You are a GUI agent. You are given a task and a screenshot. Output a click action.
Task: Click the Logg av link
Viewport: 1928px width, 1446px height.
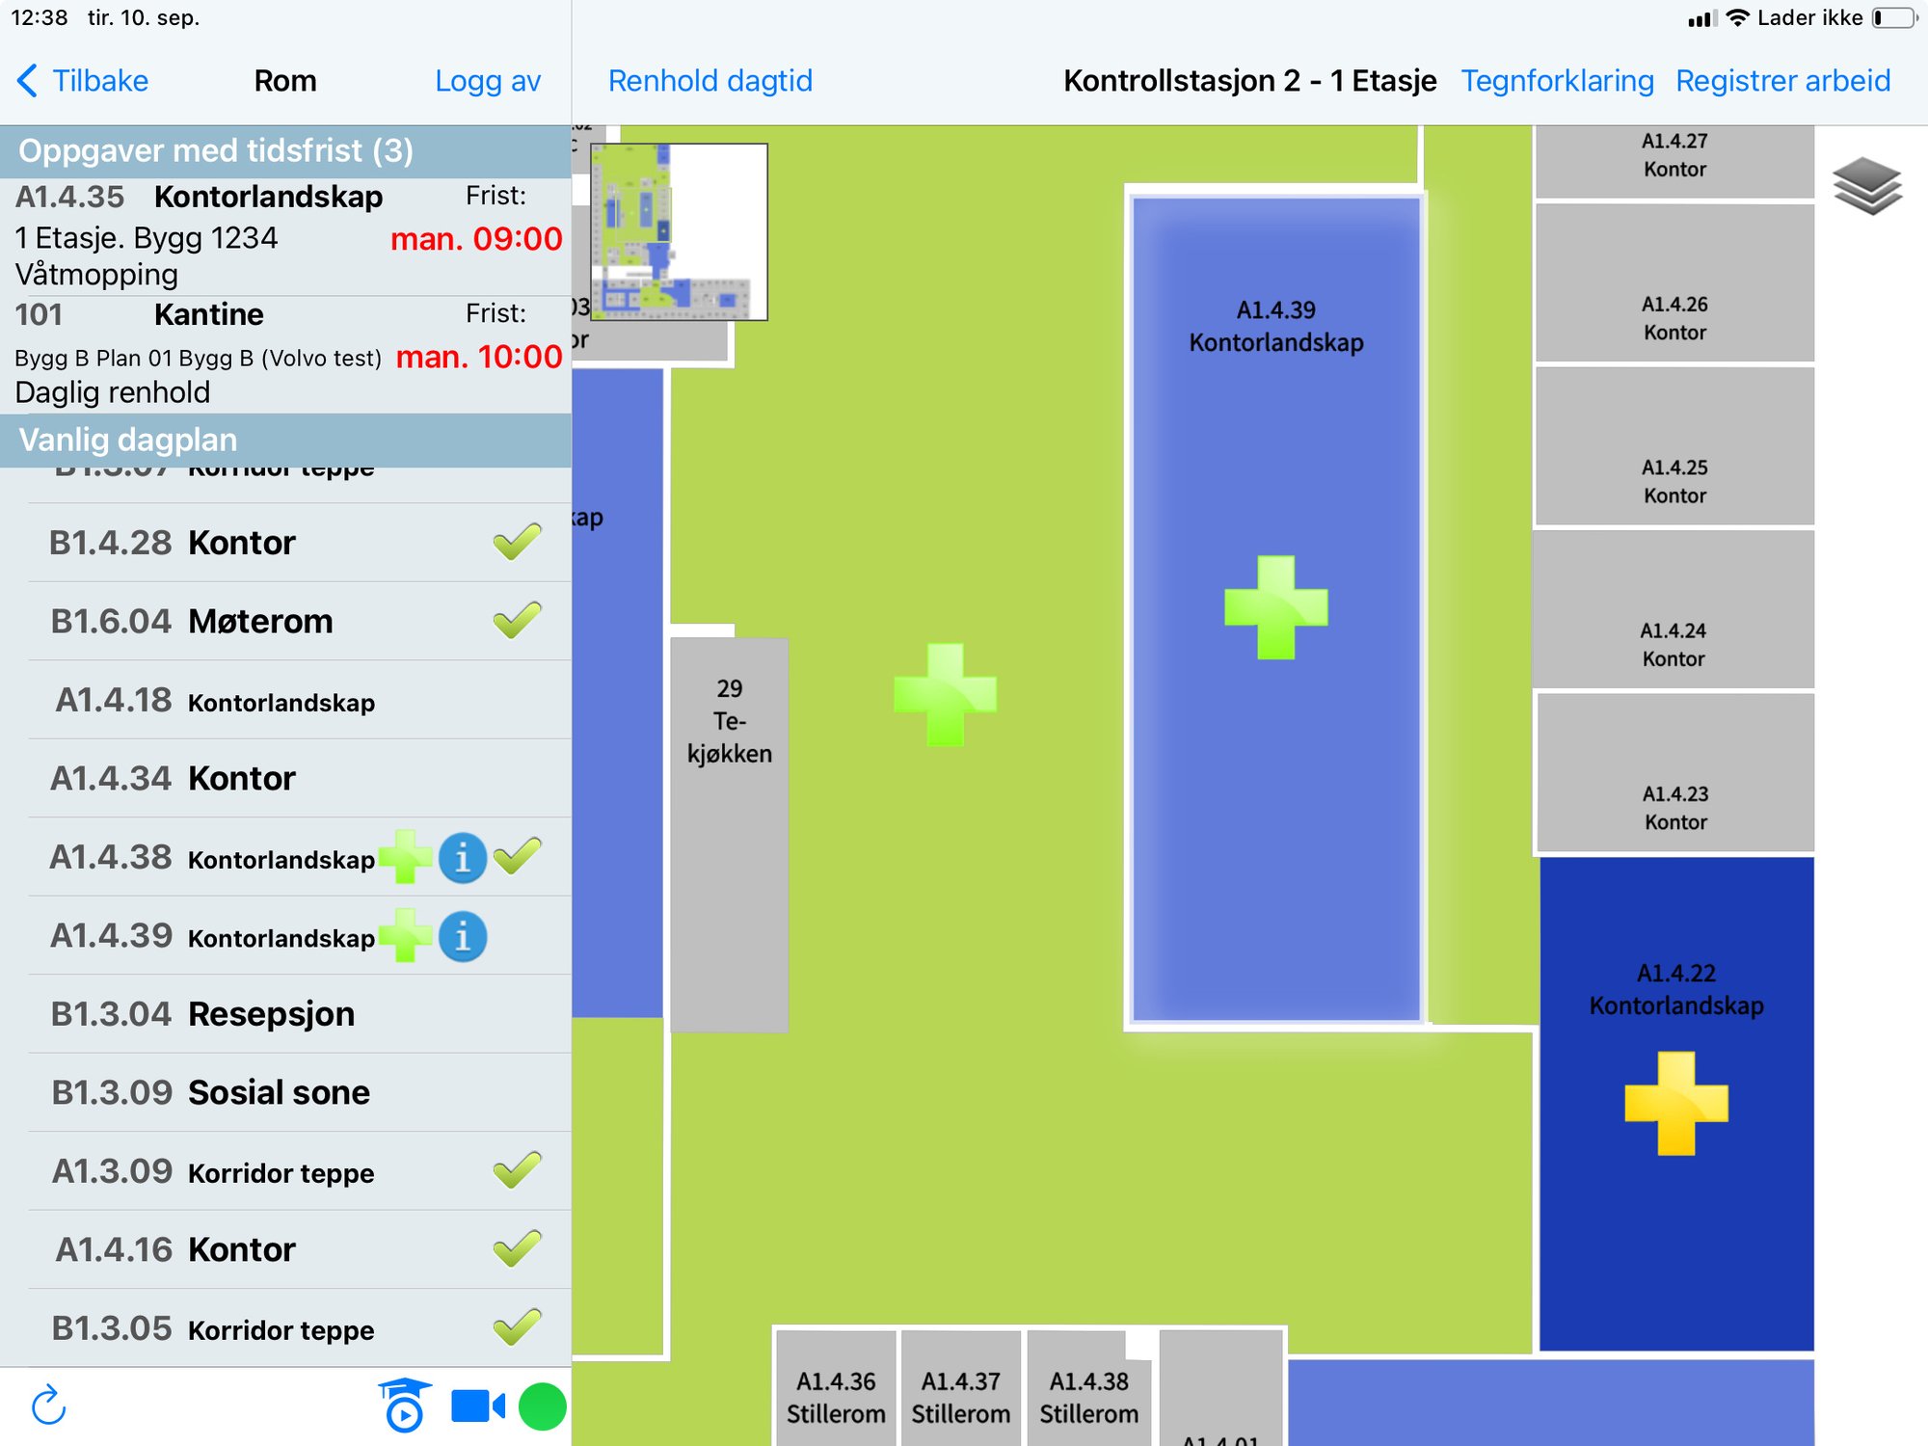pos(487,81)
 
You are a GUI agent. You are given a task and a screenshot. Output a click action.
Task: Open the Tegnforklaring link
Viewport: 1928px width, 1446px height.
pos(1557,81)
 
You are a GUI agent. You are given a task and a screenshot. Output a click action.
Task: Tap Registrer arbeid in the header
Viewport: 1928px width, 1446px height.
pos(1782,81)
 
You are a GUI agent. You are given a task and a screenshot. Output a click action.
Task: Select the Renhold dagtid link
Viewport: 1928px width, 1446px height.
pos(710,81)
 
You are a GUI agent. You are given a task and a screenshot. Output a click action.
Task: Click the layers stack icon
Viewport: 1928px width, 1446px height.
pos(1866,186)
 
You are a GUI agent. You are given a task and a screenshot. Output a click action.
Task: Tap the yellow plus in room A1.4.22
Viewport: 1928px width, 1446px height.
pos(1675,1104)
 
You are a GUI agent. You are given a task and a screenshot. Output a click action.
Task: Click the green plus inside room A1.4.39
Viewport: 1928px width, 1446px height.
pos(1275,607)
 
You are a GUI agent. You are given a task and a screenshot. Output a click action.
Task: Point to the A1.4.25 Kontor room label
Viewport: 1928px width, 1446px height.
pos(1674,481)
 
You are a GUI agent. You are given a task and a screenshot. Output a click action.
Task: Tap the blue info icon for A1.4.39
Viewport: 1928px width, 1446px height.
pos(463,936)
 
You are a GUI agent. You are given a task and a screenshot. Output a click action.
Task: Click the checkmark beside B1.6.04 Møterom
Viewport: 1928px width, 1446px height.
pos(517,621)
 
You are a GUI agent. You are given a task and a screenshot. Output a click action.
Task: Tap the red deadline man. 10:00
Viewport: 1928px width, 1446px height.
pos(479,357)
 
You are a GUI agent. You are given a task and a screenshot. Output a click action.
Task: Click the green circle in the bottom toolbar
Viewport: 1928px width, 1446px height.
pos(542,1406)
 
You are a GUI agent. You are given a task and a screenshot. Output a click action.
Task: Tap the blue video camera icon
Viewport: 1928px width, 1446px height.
pos(477,1406)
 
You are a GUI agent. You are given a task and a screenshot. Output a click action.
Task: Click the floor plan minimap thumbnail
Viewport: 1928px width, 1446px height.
pos(679,231)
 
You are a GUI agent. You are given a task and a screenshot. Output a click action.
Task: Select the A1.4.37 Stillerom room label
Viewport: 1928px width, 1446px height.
pos(960,1398)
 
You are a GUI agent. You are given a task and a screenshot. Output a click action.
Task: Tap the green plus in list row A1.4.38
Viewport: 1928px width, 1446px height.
pos(405,857)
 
